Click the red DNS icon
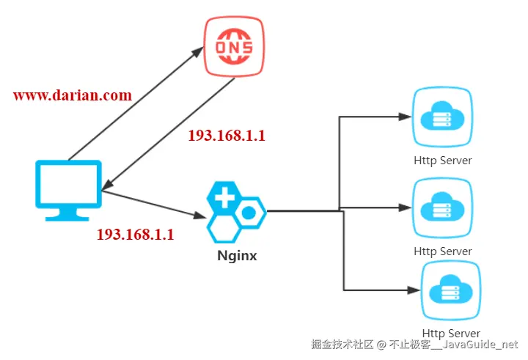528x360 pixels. tap(234, 47)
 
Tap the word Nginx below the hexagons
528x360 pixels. tap(237, 257)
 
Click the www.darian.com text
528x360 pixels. tap(73, 95)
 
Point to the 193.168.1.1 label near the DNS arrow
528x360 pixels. tap(227, 136)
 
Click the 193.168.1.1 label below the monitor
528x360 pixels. tap(136, 235)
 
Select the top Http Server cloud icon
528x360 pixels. tap(442, 117)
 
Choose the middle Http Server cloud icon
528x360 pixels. tap(442, 208)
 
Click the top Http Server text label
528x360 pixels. tap(443, 160)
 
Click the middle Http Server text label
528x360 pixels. tap(443, 251)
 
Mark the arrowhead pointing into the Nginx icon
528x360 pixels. tap(199, 216)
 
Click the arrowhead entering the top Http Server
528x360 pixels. tap(403, 117)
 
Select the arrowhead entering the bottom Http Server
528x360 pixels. tap(411, 290)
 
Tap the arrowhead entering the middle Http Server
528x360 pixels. tap(403, 208)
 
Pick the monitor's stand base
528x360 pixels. tap(68, 218)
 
